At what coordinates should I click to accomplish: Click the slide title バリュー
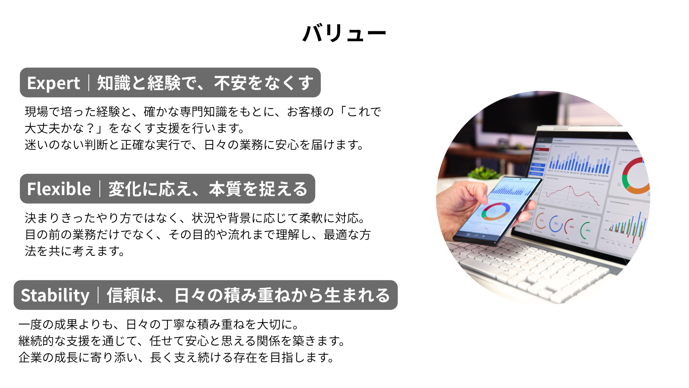[x=344, y=33]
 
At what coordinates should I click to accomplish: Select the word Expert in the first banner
[x=53, y=83]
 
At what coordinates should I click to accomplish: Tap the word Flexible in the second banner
[x=59, y=189]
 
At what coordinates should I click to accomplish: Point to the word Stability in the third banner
[x=55, y=296]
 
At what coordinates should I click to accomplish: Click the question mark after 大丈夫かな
[x=90, y=128]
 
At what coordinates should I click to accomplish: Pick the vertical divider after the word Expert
[x=89, y=83]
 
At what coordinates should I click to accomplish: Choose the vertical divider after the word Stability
[x=98, y=295]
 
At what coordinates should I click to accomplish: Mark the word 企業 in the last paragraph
[x=30, y=357]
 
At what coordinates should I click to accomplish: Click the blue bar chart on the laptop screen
[x=579, y=162]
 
